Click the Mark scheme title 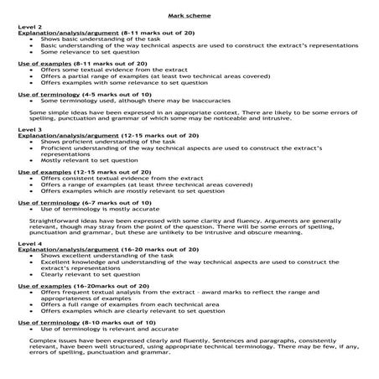(x=189, y=15)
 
